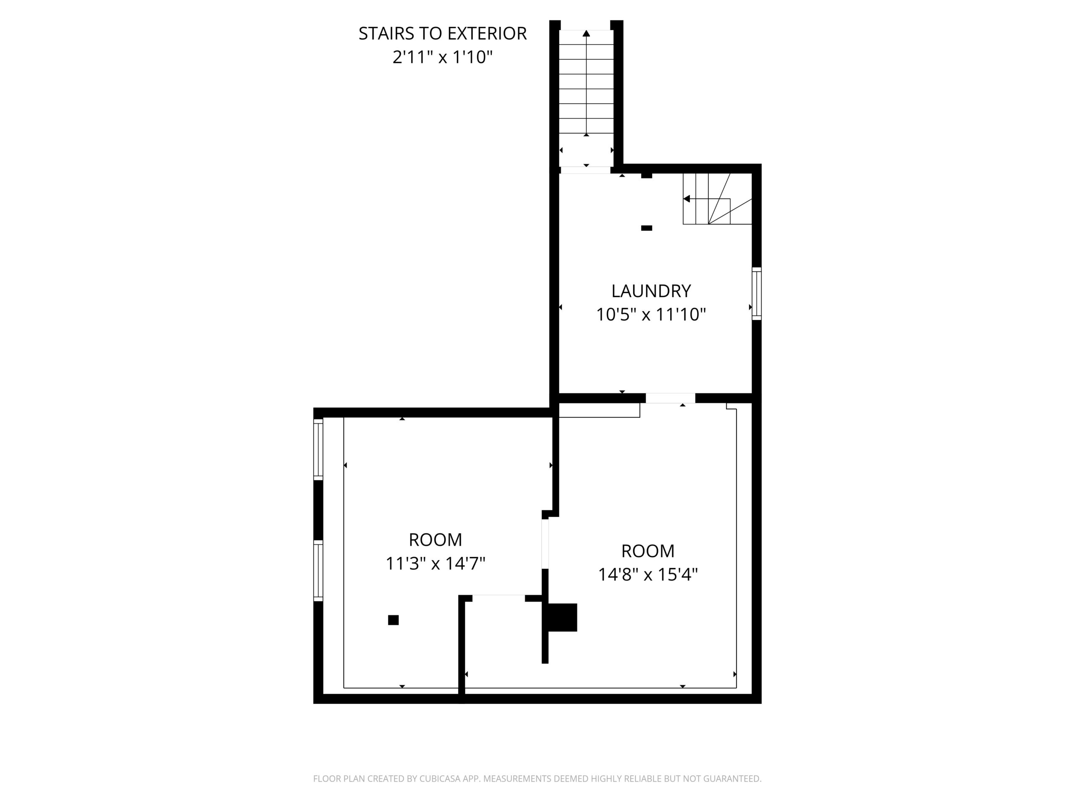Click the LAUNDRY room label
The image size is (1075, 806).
(651, 291)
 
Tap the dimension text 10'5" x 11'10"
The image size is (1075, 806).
(651, 315)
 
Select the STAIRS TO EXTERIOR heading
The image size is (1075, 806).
(442, 34)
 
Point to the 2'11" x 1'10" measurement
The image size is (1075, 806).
(442, 58)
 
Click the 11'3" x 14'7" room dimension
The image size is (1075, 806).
(435, 563)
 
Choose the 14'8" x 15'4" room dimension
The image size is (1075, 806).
(648, 575)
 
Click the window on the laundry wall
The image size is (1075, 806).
(757, 293)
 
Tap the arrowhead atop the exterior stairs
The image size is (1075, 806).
(587, 33)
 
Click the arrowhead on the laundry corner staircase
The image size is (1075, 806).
(687, 199)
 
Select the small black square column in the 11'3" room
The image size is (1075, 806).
(393, 620)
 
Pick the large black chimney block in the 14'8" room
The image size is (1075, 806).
(563, 618)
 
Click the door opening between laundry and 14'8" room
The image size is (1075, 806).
(671, 398)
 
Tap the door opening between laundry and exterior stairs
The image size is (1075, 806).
(586, 170)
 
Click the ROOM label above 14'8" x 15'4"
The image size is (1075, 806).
(648, 551)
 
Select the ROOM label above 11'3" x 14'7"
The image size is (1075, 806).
(435, 540)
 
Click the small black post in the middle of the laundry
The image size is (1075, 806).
(646, 228)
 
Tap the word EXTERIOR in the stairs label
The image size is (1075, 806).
(487, 34)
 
